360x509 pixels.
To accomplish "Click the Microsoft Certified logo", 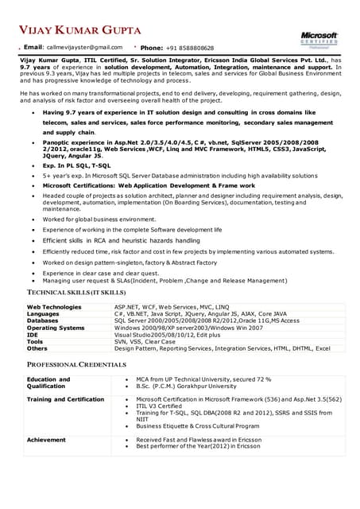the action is tap(319, 40).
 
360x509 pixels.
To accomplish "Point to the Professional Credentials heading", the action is tap(76, 364).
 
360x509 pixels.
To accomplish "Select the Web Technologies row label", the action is tap(54, 306).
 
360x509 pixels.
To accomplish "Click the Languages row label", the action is tap(43, 313).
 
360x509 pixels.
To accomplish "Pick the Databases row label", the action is tap(43, 321).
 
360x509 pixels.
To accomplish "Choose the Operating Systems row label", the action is tap(56, 328).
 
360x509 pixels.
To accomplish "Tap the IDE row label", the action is tap(33, 335).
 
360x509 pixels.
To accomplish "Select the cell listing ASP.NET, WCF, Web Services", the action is tap(171, 306).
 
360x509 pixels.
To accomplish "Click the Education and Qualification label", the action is tap(48, 383).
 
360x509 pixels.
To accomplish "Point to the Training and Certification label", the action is tap(65, 399).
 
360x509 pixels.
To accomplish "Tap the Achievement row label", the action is tap(46, 439).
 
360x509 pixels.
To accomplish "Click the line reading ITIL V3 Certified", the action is tap(159, 406).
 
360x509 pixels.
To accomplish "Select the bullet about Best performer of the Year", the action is tap(198, 446).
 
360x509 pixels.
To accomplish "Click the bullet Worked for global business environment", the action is tap(99, 219).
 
